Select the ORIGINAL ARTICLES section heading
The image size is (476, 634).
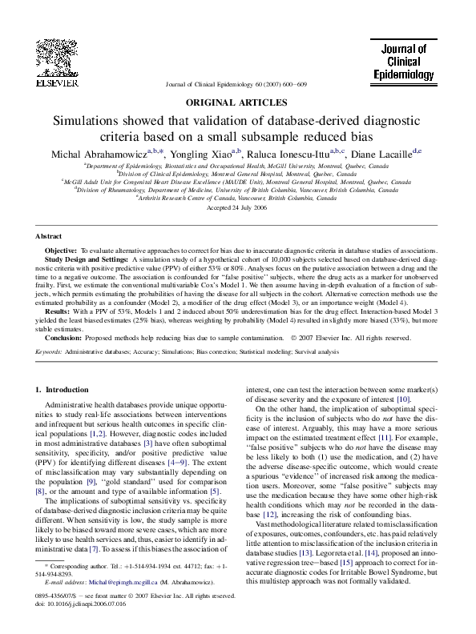tap(236, 102)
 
